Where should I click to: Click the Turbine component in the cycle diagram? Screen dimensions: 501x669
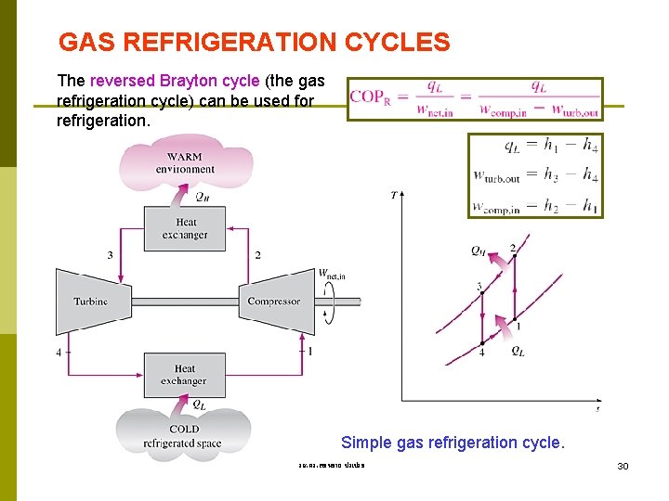[x=90, y=301]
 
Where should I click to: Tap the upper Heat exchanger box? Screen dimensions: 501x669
[x=185, y=228]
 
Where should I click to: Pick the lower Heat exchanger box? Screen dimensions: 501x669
[x=184, y=375]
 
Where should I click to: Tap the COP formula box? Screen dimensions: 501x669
[x=475, y=98]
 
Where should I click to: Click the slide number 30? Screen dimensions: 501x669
[x=623, y=465]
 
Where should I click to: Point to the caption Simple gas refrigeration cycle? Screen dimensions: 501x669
[x=453, y=443]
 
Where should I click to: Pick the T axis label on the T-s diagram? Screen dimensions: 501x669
[x=394, y=195]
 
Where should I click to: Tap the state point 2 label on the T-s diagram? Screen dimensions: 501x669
[x=512, y=248]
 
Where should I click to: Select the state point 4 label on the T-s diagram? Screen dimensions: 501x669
[x=481, y=352]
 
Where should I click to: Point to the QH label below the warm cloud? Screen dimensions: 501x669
[x=201, y=197]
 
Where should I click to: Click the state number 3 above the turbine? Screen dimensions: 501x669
[x=110, y=255]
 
